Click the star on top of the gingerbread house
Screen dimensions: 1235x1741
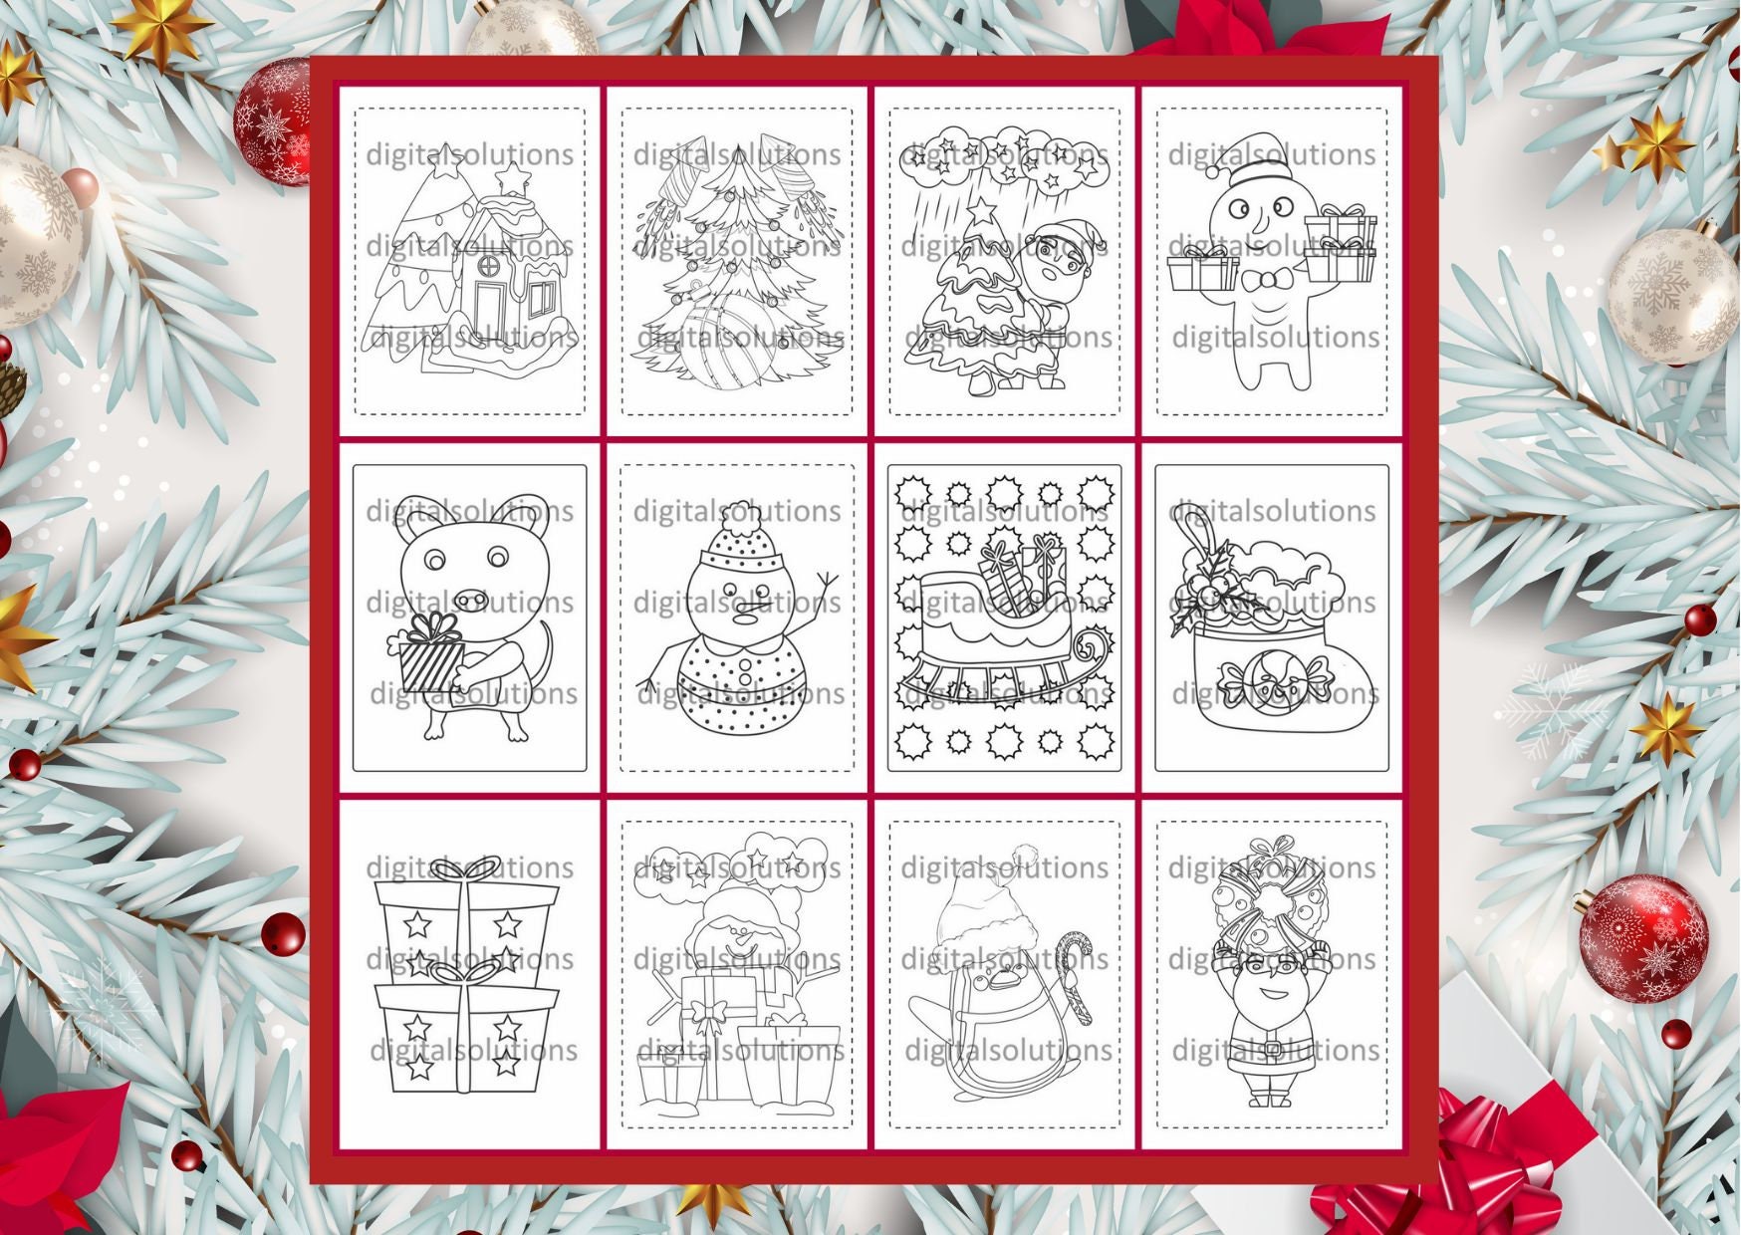[512, 177]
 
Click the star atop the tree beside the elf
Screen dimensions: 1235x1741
[982, 212]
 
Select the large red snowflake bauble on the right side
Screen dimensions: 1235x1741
[1643, 938]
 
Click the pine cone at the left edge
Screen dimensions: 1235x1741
[10, 387]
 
